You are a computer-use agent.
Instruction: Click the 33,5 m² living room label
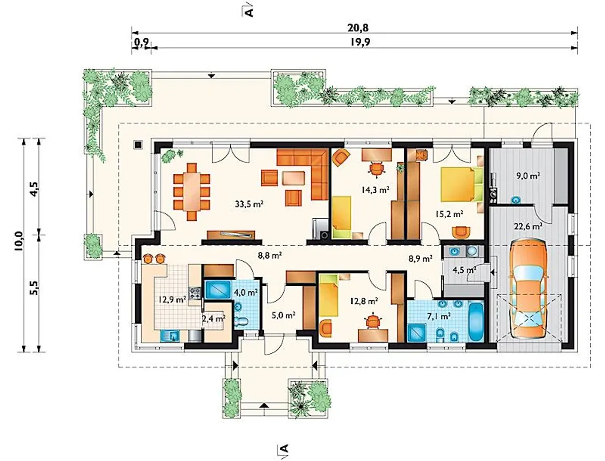249,204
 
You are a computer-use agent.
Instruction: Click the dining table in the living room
191,192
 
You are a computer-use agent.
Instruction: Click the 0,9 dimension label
142,42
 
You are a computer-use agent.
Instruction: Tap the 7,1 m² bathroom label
439,316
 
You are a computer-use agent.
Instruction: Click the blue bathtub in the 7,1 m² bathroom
476,322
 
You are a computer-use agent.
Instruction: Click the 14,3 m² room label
375,190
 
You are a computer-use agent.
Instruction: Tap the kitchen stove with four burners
195,293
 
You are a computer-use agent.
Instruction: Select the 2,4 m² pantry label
214,319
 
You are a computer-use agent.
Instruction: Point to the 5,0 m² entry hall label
284,315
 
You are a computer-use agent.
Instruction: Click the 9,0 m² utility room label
528,175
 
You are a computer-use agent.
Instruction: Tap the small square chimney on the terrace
138,145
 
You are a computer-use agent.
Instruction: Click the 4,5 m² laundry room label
465,270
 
